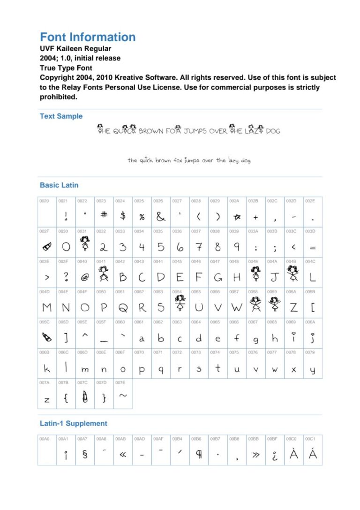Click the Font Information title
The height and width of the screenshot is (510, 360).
[x=88, y=38]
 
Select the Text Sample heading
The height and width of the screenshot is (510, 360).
[x=61, y=116]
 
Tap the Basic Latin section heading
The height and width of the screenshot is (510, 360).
[x=59, y=185]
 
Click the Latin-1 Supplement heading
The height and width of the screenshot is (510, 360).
[x=73, y=424]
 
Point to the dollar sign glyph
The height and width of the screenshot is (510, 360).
[x=123, y=216]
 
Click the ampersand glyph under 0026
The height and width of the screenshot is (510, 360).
[x=161, y=217]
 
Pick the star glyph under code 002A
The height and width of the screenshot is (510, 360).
[x=237, y=217]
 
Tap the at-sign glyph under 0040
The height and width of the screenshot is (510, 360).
[x=85, y=278]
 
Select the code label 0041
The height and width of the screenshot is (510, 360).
[x=100, y=261]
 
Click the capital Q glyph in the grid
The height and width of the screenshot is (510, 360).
[x=123, y=308]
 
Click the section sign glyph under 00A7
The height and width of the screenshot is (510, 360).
[x=85, y=454]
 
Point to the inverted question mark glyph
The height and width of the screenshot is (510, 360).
[x=275, y=455]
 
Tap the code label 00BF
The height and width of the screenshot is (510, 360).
[x=272, y=439]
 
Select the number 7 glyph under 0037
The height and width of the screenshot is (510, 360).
[x=199, y=246]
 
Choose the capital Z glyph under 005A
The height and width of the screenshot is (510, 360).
[x=293, y=308]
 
